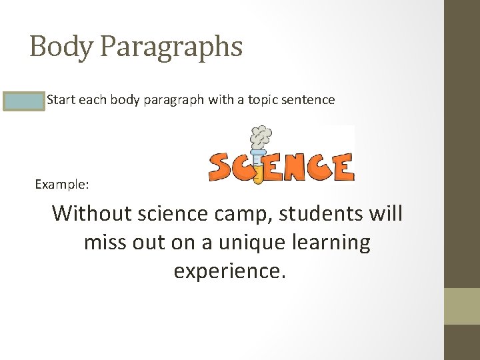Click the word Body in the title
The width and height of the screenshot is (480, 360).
click(55, 47)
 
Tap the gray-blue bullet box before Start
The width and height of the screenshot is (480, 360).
click(23, 101)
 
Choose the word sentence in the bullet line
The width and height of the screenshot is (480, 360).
click(310, 100)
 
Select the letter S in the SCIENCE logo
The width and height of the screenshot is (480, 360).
click(221, 167)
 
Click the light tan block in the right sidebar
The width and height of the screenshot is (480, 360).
click(462, 306)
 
